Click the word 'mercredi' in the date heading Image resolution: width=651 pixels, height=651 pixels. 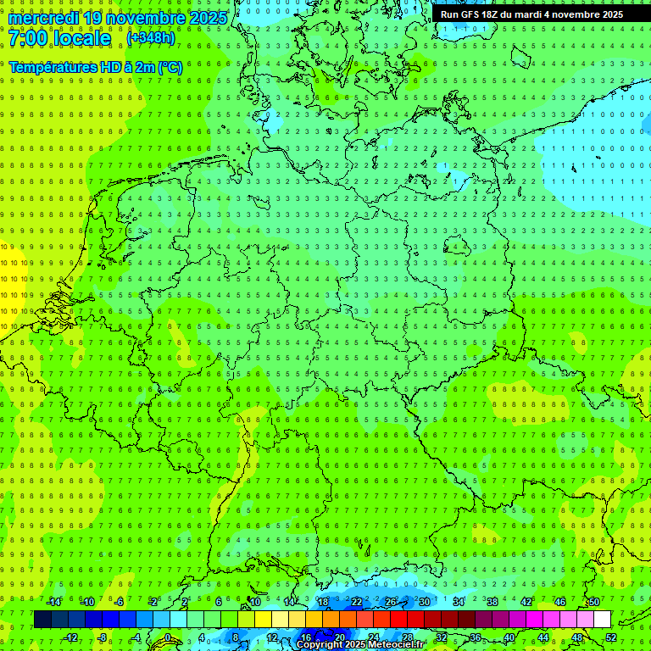pyautogui.click(x=42, y=18)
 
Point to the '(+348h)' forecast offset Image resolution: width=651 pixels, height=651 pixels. pyautogui.click(x=152, y=38)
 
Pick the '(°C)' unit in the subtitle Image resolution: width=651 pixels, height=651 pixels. pyautogui.click(x=170, y=66)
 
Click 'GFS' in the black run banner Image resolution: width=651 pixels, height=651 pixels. pyautogui.click(x=470, y=14)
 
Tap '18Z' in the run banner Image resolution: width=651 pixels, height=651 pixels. pyautogui.click(x=493, y=14)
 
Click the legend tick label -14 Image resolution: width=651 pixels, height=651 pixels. pyautogui.click(x=55, y=602)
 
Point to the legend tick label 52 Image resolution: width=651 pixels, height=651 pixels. pyautogui.click(x=611, y=637)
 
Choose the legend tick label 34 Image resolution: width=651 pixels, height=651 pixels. pyautogui.click(x=459, y=602)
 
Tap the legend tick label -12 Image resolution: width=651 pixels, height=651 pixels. pyautogui.click(x=71, y=637)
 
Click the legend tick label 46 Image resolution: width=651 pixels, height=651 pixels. pyautogui.click(x=560, y=602)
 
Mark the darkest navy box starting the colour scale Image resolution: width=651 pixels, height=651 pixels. pyautogui.click(x=42, y=620)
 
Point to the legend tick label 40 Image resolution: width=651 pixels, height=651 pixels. pyautogui.click(x=509, y=637)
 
